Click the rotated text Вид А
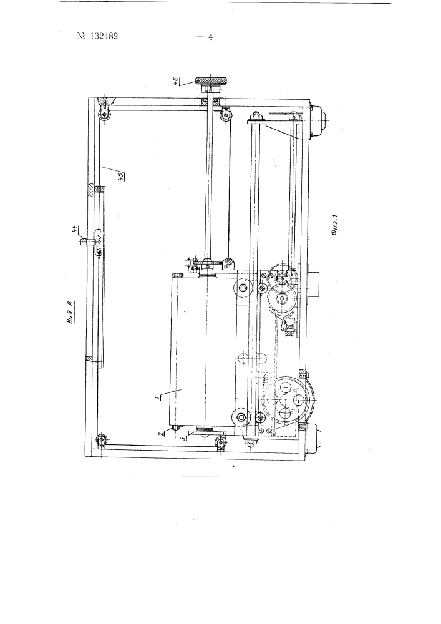pyautogui.click(x=70, y=314)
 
